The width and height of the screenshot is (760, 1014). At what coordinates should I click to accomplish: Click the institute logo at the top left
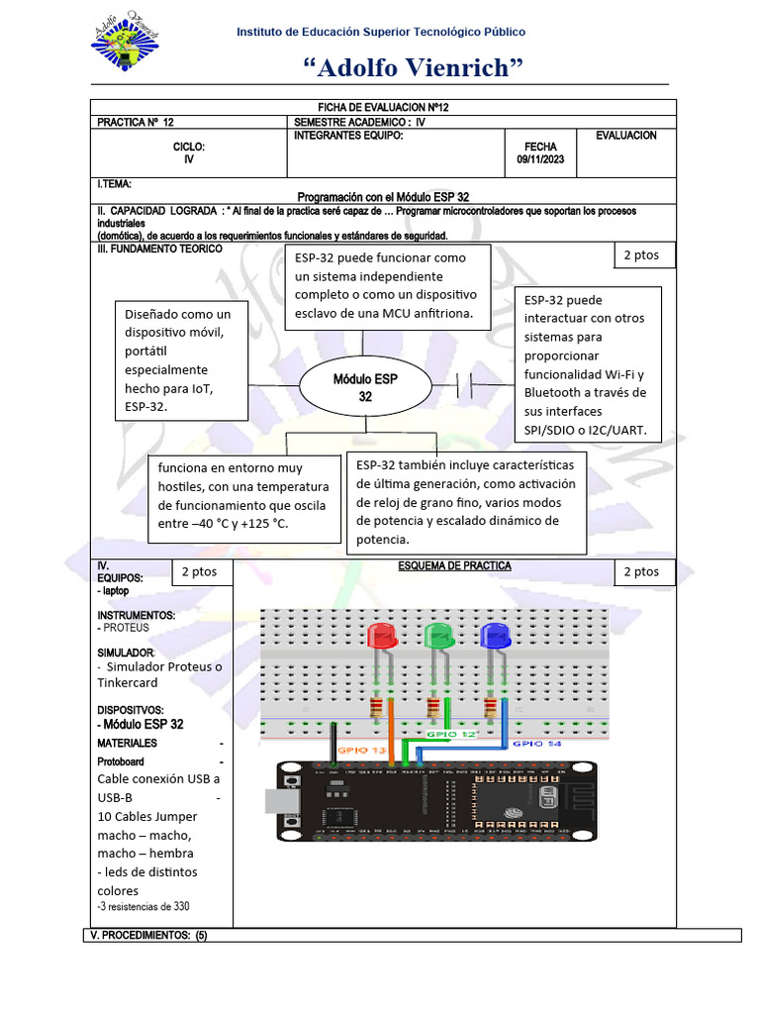pos(125,45)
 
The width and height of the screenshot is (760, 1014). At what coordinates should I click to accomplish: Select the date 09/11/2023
pos(540,159)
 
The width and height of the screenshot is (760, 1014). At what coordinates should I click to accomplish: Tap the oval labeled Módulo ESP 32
pos(365,387)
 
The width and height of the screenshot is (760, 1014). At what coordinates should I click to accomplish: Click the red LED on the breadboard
pos(381,636)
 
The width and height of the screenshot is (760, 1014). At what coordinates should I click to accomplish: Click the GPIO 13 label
pos(361,752)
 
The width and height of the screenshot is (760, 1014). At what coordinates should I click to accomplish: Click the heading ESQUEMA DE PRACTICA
pos(454,566)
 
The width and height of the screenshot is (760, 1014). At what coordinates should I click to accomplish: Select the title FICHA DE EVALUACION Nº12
pos(383,107)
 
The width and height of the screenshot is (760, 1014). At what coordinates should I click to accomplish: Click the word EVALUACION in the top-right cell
pos(625,135)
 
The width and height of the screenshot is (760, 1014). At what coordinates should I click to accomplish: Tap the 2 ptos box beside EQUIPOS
pos(200,571)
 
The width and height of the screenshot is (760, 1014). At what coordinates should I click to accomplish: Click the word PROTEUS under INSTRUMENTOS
pos(126,628)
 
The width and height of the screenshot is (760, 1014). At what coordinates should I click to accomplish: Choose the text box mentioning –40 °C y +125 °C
pos(243,495)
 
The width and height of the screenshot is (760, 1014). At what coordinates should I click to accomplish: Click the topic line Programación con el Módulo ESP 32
pos(383,197)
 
